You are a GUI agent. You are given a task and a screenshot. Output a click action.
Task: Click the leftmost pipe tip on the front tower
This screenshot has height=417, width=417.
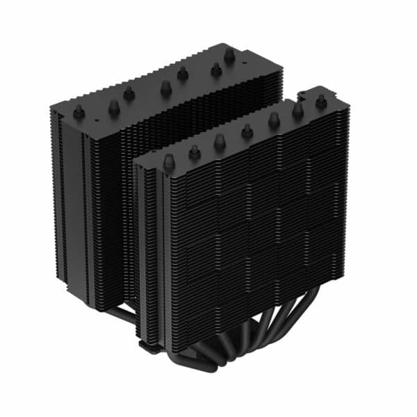click(167, 161)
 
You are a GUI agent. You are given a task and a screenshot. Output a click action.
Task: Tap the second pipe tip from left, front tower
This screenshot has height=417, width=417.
click(194, 149)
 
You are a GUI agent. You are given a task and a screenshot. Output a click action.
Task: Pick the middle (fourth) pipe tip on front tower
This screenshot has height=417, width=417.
click(247, 129)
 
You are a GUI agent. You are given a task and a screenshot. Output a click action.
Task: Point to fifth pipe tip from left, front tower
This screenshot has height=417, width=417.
click(274, 120)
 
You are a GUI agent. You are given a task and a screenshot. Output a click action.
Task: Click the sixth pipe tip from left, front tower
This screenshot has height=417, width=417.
click(298, 110)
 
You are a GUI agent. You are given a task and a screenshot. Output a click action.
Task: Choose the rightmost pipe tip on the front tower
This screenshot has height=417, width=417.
click(321, 101)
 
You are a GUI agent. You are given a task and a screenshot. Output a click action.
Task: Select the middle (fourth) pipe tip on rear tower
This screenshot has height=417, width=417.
click(165, 87)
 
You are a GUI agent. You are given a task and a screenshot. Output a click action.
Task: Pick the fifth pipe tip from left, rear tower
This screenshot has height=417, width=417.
click(183, 72)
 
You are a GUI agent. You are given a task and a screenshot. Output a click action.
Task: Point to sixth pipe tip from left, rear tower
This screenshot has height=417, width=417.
click(216, 68)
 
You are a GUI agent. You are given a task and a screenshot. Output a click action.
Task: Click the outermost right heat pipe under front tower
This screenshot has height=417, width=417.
click(310, 306)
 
